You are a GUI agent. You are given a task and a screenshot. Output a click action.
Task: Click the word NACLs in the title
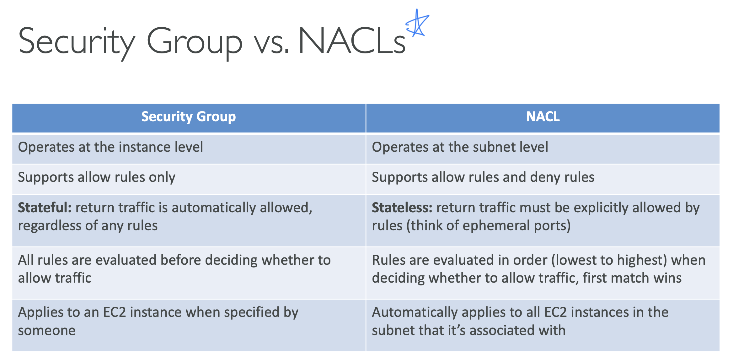[x=352, y=41]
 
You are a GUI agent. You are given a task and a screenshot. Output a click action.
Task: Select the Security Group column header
[x=189, y=117]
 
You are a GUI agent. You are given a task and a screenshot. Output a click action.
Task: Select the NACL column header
[x=543, y=116]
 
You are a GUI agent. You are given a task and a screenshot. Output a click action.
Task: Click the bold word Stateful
[x=45, y=208]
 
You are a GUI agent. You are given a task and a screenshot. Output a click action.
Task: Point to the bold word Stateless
[x=402, y=208]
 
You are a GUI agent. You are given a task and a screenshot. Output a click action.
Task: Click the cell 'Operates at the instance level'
[x=110, y=147]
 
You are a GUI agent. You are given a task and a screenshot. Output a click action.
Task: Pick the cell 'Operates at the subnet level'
[x=460, y=147]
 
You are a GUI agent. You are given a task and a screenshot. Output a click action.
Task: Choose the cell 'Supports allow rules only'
[x=97, y=177]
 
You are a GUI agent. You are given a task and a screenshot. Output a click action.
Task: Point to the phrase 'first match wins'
[x=632, y=278]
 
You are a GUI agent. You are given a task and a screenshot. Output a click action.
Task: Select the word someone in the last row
[x=47, y=330]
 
